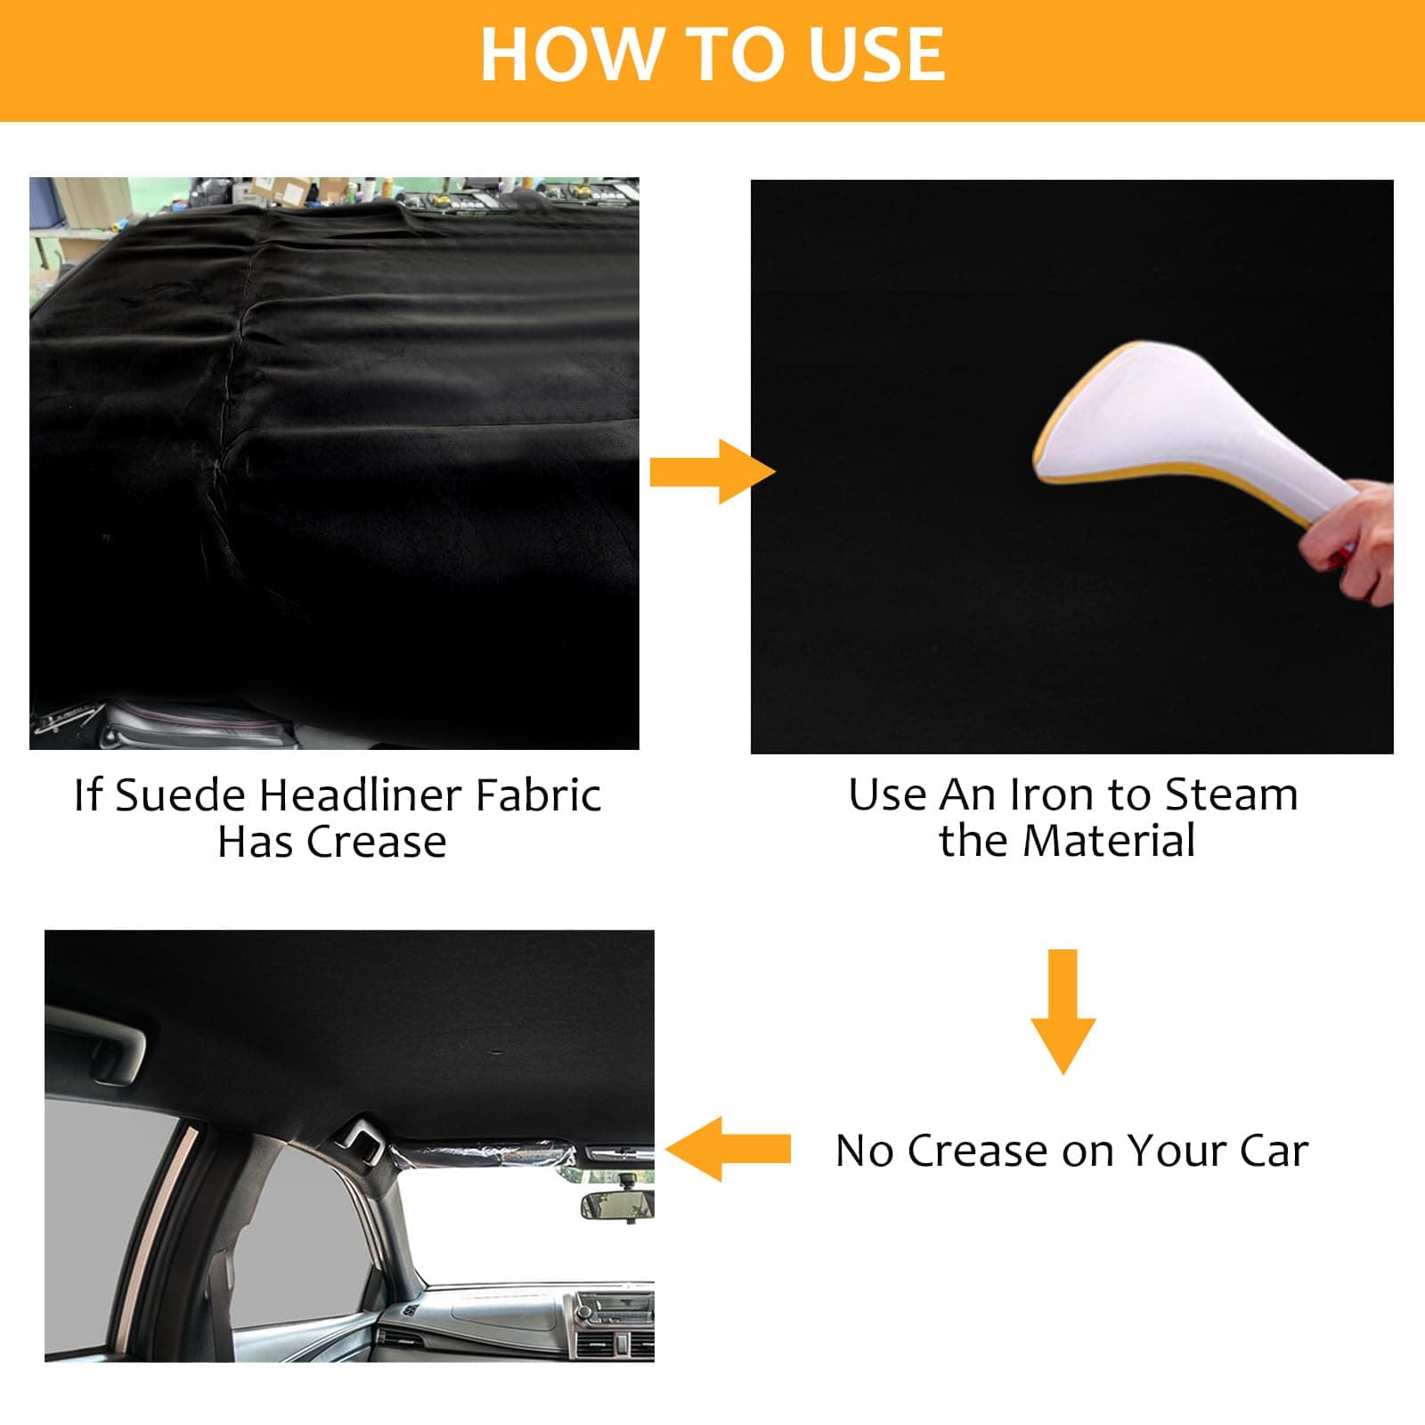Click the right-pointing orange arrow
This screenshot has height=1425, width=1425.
tap(711, 471)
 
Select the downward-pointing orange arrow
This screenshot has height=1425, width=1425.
tap(1063, 1010)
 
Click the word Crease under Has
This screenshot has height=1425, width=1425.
tap(376, 842)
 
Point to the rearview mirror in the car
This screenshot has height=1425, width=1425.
tap(617, 1205)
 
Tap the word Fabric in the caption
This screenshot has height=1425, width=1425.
tap(538, 794)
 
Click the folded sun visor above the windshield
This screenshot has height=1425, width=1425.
tap(485, 1154)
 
